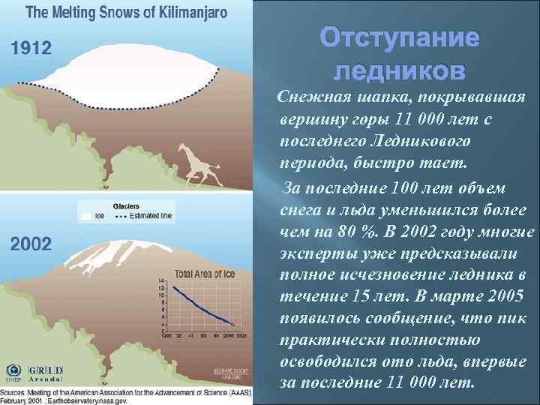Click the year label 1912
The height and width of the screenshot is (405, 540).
click(31, 49)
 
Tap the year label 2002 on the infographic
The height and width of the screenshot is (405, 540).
click(31, 243)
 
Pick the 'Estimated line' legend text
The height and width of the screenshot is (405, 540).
click(151, 216)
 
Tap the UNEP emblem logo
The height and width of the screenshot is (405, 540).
click(13, 372)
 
